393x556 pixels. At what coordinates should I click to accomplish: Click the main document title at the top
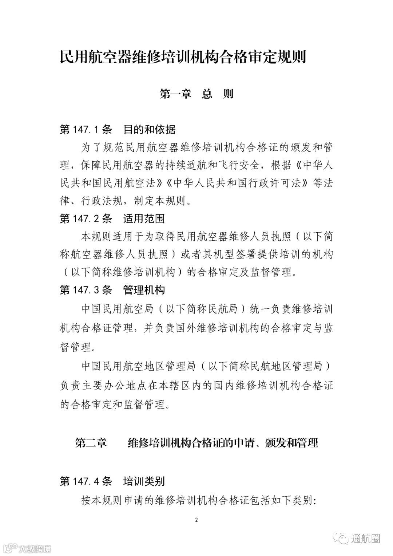coord(183,57)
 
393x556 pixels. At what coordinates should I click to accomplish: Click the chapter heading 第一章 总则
coord(196,94)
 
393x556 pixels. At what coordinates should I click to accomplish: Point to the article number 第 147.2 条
coord(86,218)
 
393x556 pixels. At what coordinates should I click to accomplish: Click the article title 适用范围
coord(144,218)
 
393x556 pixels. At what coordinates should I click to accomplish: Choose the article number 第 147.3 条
coord(86,290)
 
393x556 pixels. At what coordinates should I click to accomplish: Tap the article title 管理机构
coord(144,290)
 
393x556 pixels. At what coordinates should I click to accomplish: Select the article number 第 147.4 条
coord(86,481)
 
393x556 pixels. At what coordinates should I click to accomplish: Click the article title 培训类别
coord(144,481)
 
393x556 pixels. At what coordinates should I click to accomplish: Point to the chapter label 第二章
coord(91,443)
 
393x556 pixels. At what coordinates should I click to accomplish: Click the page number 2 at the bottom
coord(196,520)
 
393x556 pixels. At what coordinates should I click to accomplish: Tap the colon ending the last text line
coord(315,501)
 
